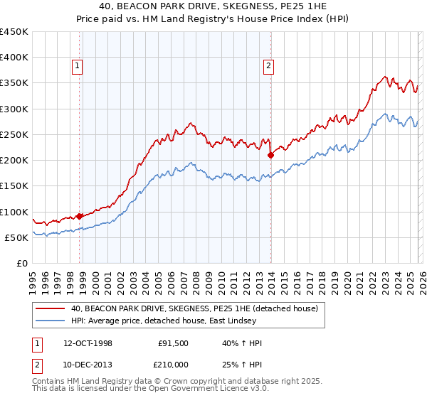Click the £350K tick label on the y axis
[14, 83]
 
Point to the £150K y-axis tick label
[14, 186]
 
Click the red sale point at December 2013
[270, 155]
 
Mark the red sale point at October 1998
[80, 216]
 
